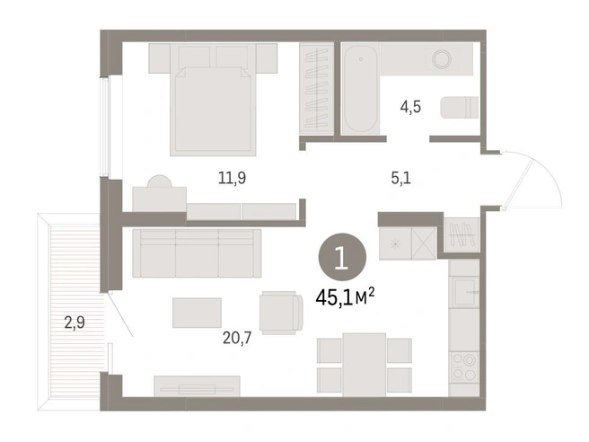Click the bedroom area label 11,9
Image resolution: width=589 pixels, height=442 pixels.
click(233, 177)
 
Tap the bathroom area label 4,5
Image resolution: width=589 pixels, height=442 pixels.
click(410, 107)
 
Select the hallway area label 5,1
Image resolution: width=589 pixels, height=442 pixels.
click(401, 178)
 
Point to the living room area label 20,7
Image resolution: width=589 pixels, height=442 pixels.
click(237, 339)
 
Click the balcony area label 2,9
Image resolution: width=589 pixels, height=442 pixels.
click(75, 323)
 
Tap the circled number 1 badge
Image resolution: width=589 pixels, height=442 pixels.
click(342, 257)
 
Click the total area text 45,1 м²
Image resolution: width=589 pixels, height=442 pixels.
click(345, 297)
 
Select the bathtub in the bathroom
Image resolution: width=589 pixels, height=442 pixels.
click(360, 89)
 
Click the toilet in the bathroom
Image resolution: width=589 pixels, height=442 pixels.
click(459, 108)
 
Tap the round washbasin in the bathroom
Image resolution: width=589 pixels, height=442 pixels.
click(442, 59)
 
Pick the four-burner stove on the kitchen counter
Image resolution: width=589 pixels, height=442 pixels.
click(464, 367)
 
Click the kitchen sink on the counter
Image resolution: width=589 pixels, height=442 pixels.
click(466, 292)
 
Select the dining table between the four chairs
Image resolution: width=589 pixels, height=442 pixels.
click(364, 365)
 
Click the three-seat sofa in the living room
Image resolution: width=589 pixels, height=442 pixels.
click(197, 253)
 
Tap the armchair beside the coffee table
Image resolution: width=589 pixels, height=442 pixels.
click(281, 313)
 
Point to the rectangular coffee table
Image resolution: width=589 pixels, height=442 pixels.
click(197, 313)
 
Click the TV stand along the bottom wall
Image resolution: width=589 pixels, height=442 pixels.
click(197, 386)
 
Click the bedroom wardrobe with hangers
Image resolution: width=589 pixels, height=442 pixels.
click(316, 89)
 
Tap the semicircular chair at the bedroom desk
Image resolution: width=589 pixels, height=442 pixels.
click(160, 181)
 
